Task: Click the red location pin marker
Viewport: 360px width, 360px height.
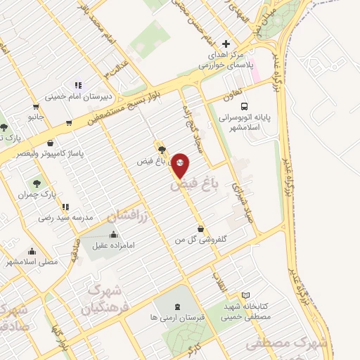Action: [181, 165]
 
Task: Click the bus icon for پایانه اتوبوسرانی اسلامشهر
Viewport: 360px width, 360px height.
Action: [243, 106]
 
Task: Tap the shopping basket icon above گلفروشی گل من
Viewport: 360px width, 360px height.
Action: [202, 229]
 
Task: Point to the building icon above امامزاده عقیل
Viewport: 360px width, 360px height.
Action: [114, 234]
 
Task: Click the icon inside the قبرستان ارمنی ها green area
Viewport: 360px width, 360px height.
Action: [176, 307]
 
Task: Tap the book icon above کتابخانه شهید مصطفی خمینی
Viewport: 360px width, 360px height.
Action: [245, 295]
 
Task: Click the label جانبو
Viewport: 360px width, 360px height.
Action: [37, 115]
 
